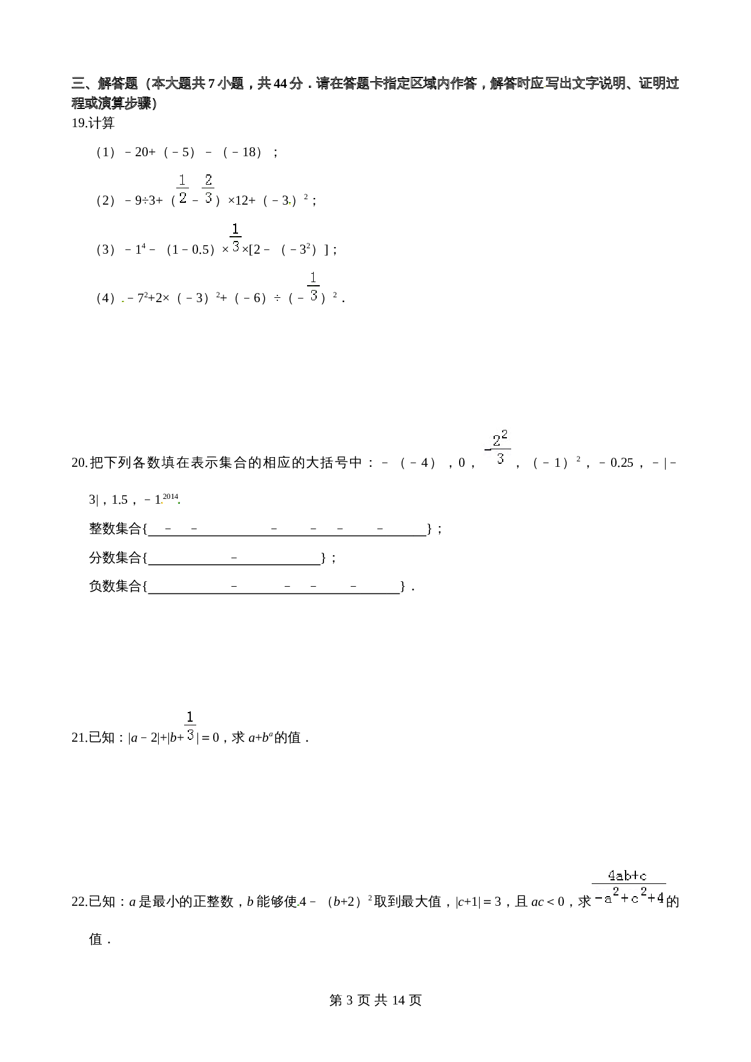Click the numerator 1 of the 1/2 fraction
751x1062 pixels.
pos(182,180)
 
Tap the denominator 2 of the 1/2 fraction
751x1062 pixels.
pos(182,197)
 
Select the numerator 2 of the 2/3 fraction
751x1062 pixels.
pos(208,180)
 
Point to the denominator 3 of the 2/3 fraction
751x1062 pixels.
pos(208,197)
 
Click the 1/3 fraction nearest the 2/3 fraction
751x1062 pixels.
pos(236,237)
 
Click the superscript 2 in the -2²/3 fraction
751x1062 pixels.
pos(506,434)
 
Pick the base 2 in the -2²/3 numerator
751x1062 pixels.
pos(497,441)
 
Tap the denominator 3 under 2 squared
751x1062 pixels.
pos(500,458)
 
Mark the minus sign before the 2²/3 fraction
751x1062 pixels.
pos(487,449)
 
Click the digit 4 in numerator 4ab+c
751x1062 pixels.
pos(612,876)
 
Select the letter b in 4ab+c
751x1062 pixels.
pos(626,876)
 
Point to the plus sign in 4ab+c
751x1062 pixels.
pos(634,876)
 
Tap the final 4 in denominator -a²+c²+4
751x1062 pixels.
pos(660,898)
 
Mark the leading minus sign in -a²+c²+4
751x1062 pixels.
pos(598,899)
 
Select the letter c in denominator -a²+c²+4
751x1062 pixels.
pos(635,899)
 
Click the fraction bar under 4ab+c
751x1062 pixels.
pos(629,885)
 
